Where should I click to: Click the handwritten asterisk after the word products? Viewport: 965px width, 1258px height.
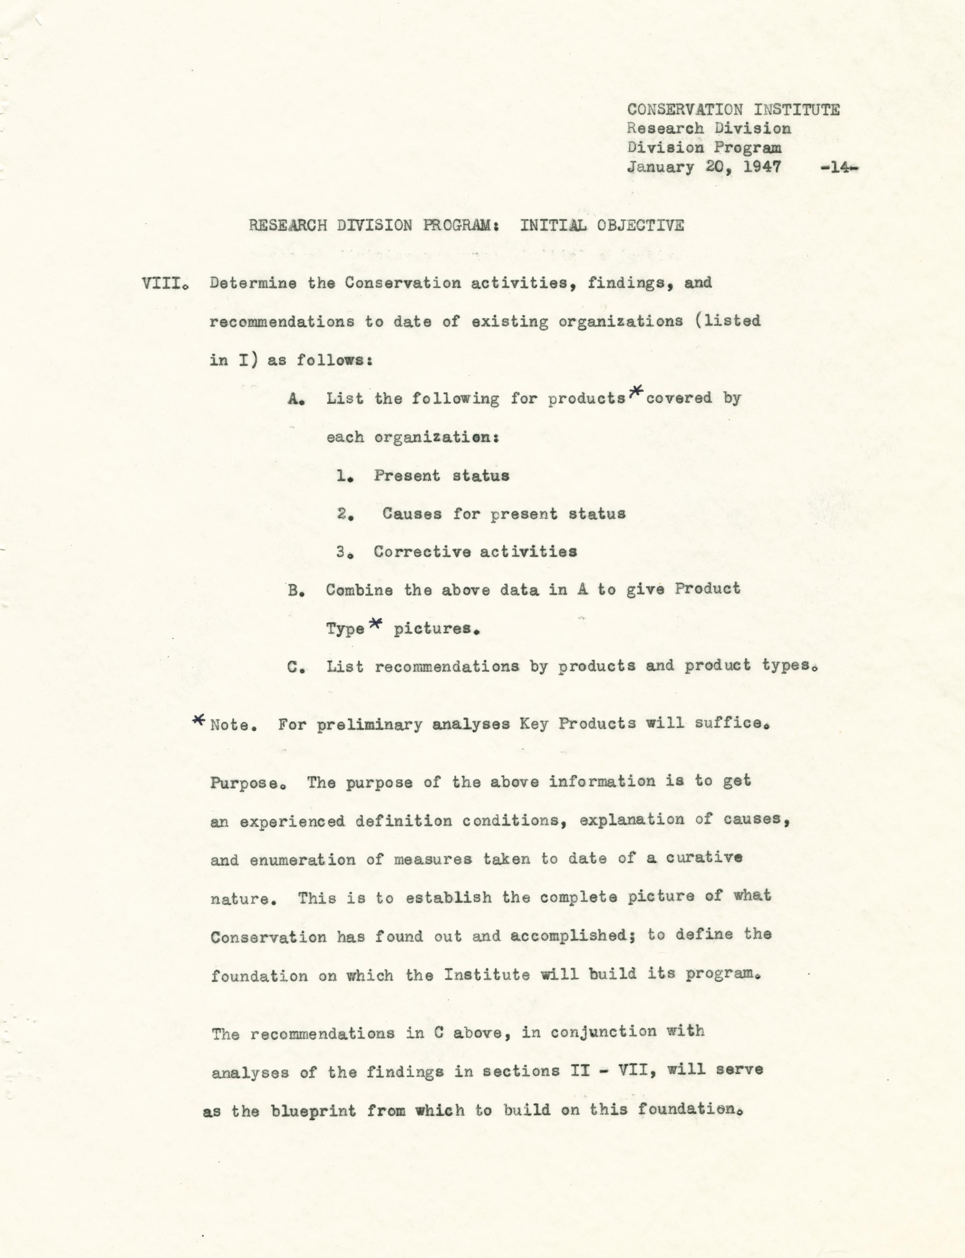pos(635,392)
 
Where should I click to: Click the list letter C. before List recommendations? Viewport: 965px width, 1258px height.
pos(295,667)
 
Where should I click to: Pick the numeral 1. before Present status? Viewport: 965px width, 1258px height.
pos(343,476)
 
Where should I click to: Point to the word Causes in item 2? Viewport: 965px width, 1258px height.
pos(412,514)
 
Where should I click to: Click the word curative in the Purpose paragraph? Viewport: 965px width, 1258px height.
pos(704,858)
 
